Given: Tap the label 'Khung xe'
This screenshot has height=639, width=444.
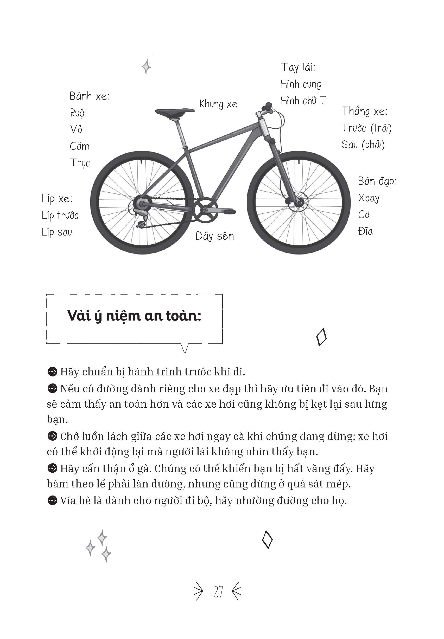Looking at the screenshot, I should [x=218, y=104].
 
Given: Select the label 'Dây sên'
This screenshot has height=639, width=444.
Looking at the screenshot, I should [x=214, y=236].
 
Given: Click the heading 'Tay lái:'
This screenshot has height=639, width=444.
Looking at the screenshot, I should [x=298, y=67].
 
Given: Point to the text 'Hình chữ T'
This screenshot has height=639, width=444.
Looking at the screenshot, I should [x=303, y=101].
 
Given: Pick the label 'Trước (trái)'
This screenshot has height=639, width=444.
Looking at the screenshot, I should [x=366, y=128].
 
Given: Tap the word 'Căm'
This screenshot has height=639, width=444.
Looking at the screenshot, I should [x=80, y=146].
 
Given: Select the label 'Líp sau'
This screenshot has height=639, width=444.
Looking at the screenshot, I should [x=57, y=232].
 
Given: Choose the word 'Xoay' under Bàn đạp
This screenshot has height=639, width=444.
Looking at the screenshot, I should [x=369, y=198].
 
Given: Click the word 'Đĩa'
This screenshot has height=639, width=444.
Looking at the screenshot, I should [x=365, y=231].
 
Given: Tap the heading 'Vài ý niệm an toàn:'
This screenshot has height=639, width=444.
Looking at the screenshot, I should [x=134, y=316].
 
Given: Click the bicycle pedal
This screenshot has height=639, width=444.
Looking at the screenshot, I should [x=228, y=212].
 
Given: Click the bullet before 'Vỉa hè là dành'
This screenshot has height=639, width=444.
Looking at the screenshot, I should [x=52, y=501].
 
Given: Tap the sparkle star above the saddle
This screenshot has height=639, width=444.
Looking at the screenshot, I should [x=146, y=67].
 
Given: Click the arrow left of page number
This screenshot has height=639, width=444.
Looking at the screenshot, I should [x=198, y=592].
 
